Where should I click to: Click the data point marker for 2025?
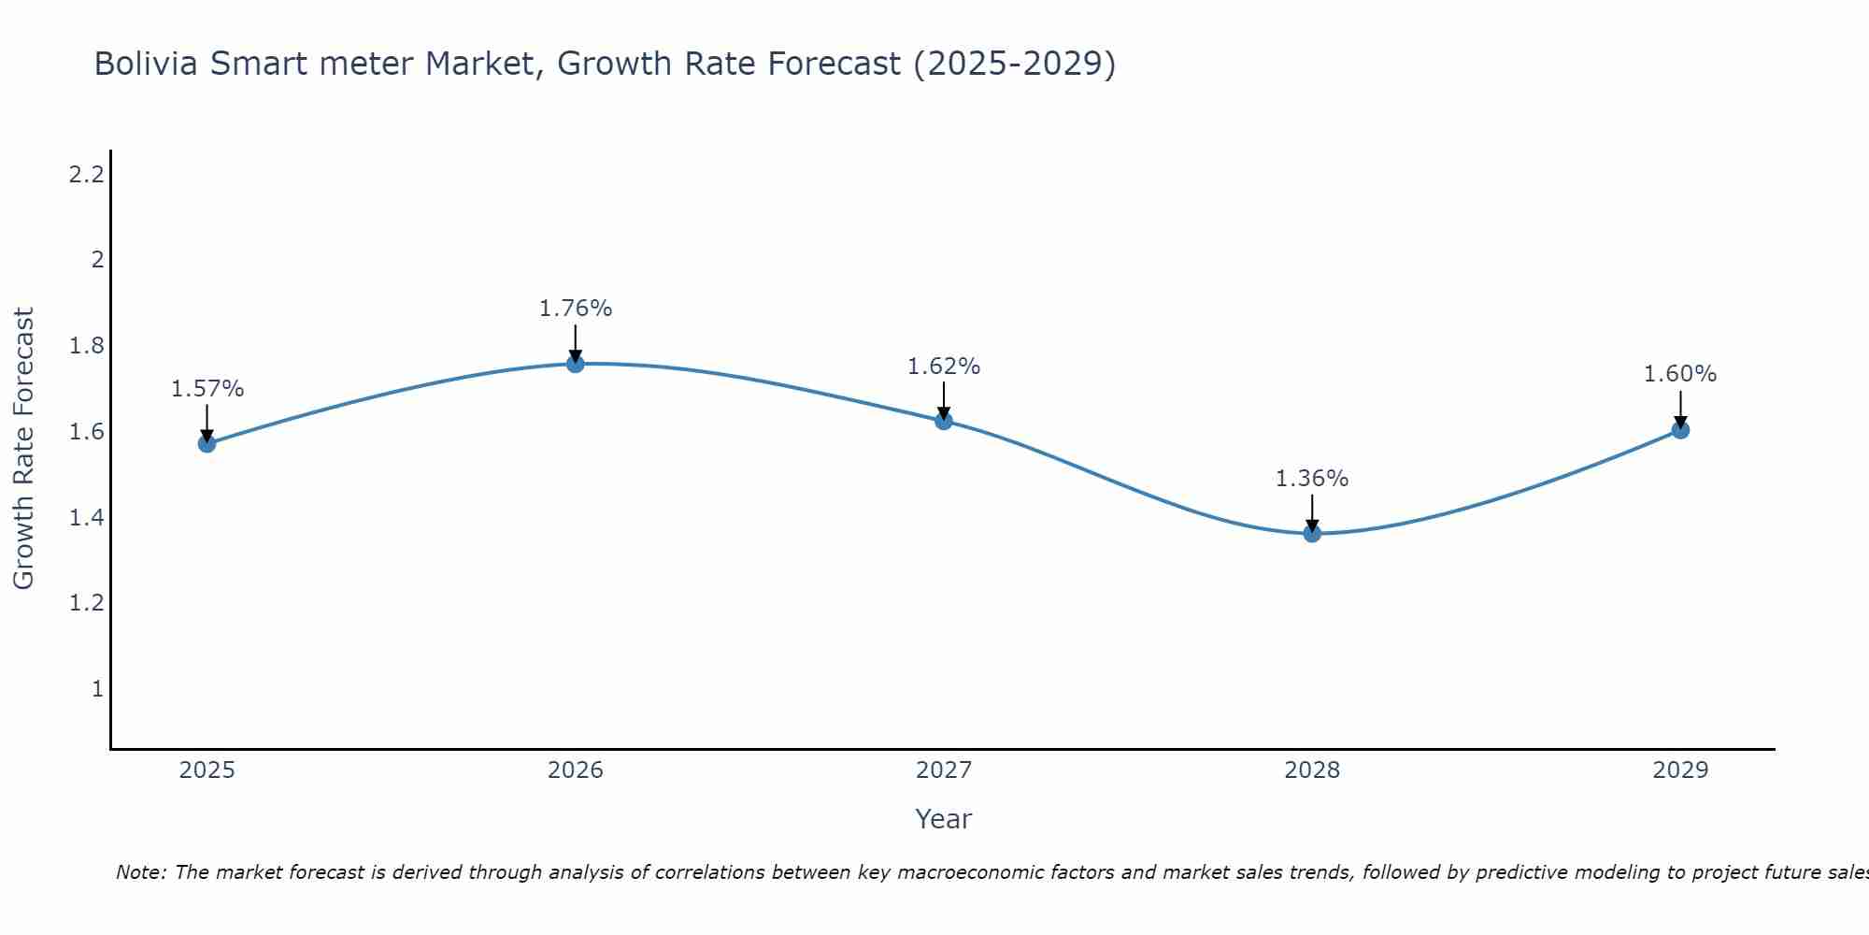[x=207, y=443]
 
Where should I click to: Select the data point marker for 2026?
[x=576, y=364]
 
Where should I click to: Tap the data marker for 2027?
[x=944, y=421]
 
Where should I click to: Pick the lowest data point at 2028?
[x=1312, y=534]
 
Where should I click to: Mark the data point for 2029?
[x=1680, y=430]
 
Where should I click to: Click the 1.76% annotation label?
[x=576, y=309]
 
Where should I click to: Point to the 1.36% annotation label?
[x=1312, y=479]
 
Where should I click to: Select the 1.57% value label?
[x=207, y=389]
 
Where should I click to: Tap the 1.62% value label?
[x=944, y=367]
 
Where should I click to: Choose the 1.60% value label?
[x=1680, y=374]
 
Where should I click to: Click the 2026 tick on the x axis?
[x=576, y=770]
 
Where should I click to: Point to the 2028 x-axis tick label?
[x=1312, y=770]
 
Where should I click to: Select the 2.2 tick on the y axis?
[x=86, y=174]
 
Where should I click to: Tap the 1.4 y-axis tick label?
[x=86, y=517]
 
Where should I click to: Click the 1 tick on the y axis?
[x=97, y=689]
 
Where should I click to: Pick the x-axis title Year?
[x=944, y=819]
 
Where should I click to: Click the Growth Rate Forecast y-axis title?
[x=24, y=449]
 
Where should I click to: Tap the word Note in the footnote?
[x=140, y=872]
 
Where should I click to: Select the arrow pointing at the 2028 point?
[x=1312, y=513]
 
